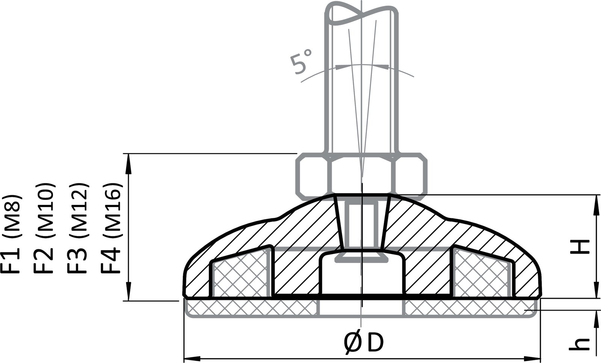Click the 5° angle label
click(302, 61)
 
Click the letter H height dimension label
click(579, 247)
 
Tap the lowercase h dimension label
click(579, 343)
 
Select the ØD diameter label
click(363, 343)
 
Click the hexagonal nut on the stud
click(361, 175)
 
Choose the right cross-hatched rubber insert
click(482, 277)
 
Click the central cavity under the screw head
click(362, 276)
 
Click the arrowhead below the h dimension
click(596, 319)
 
